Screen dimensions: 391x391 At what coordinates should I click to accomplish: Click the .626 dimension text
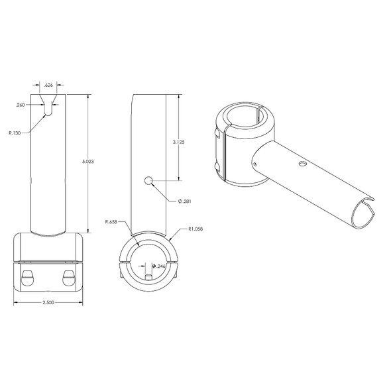pyautogui.click(x=48, y=85)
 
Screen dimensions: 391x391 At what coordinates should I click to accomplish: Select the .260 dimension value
pyautogui.click(x=20, y=105)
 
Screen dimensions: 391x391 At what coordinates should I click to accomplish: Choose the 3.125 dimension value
pyautogui.click(x=178, y=142)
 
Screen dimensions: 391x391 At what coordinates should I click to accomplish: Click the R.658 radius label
pyautogui.click(x=112, y=221)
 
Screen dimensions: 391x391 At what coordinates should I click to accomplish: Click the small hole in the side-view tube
pyautogui.click(x=149, y=180)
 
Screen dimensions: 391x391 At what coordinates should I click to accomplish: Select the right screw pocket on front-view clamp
pyautogui.click(x=68, y=274)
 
